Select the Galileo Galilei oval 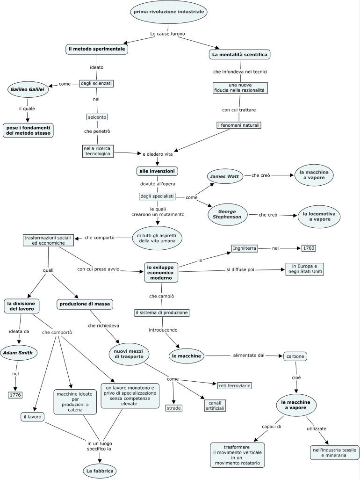[x=28, y=89]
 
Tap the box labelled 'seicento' [x=97, y=116]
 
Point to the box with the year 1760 [x=309, y=248]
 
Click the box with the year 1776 [x=15, y=395]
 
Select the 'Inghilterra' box [x=245, y=248]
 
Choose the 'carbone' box [x=295, y=356]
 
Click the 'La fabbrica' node [x=99, y=470]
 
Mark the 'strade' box [x=173, y=408]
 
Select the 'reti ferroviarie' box [x=234, y=385]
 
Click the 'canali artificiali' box [x=215, y=406]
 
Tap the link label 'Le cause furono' [x=168, y=34]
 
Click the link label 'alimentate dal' [x=248, y=356]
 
